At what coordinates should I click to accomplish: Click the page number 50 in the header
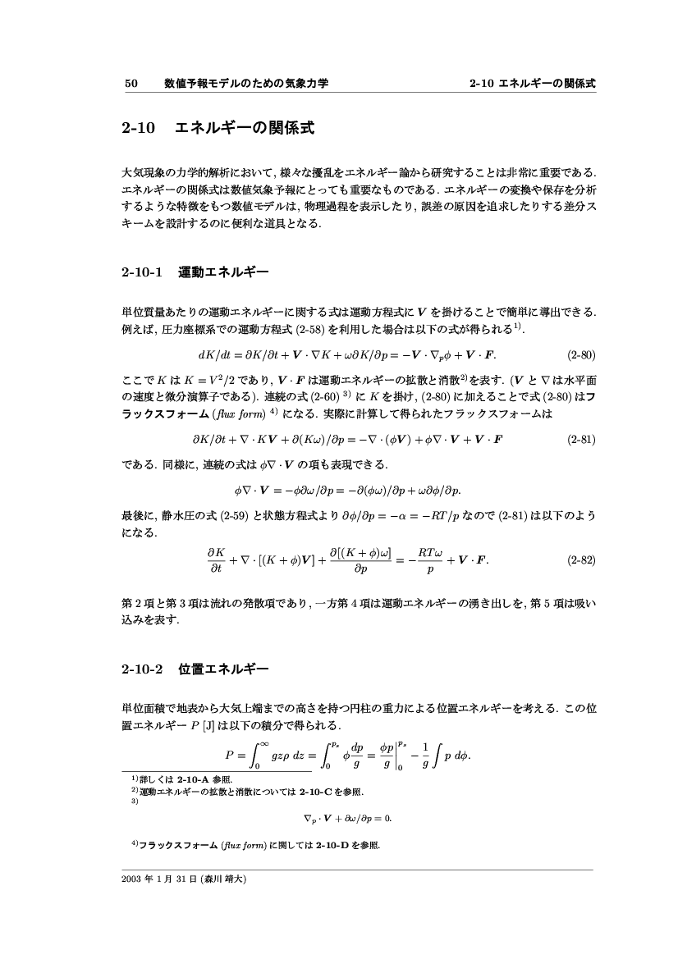click(x=130, y=84)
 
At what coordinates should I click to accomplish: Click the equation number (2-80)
click(x=581, y=355)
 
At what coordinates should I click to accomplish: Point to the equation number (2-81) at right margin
click(x=581, y=439)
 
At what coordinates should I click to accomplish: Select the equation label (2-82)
click(x=581, y=560)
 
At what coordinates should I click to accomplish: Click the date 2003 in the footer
click(x=132, y=878)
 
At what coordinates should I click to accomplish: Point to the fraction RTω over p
click(x=430, y=560)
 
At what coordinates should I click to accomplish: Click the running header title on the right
click(x=532, y=84)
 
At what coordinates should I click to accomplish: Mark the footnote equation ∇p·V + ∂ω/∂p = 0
click(x=343, y=818)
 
